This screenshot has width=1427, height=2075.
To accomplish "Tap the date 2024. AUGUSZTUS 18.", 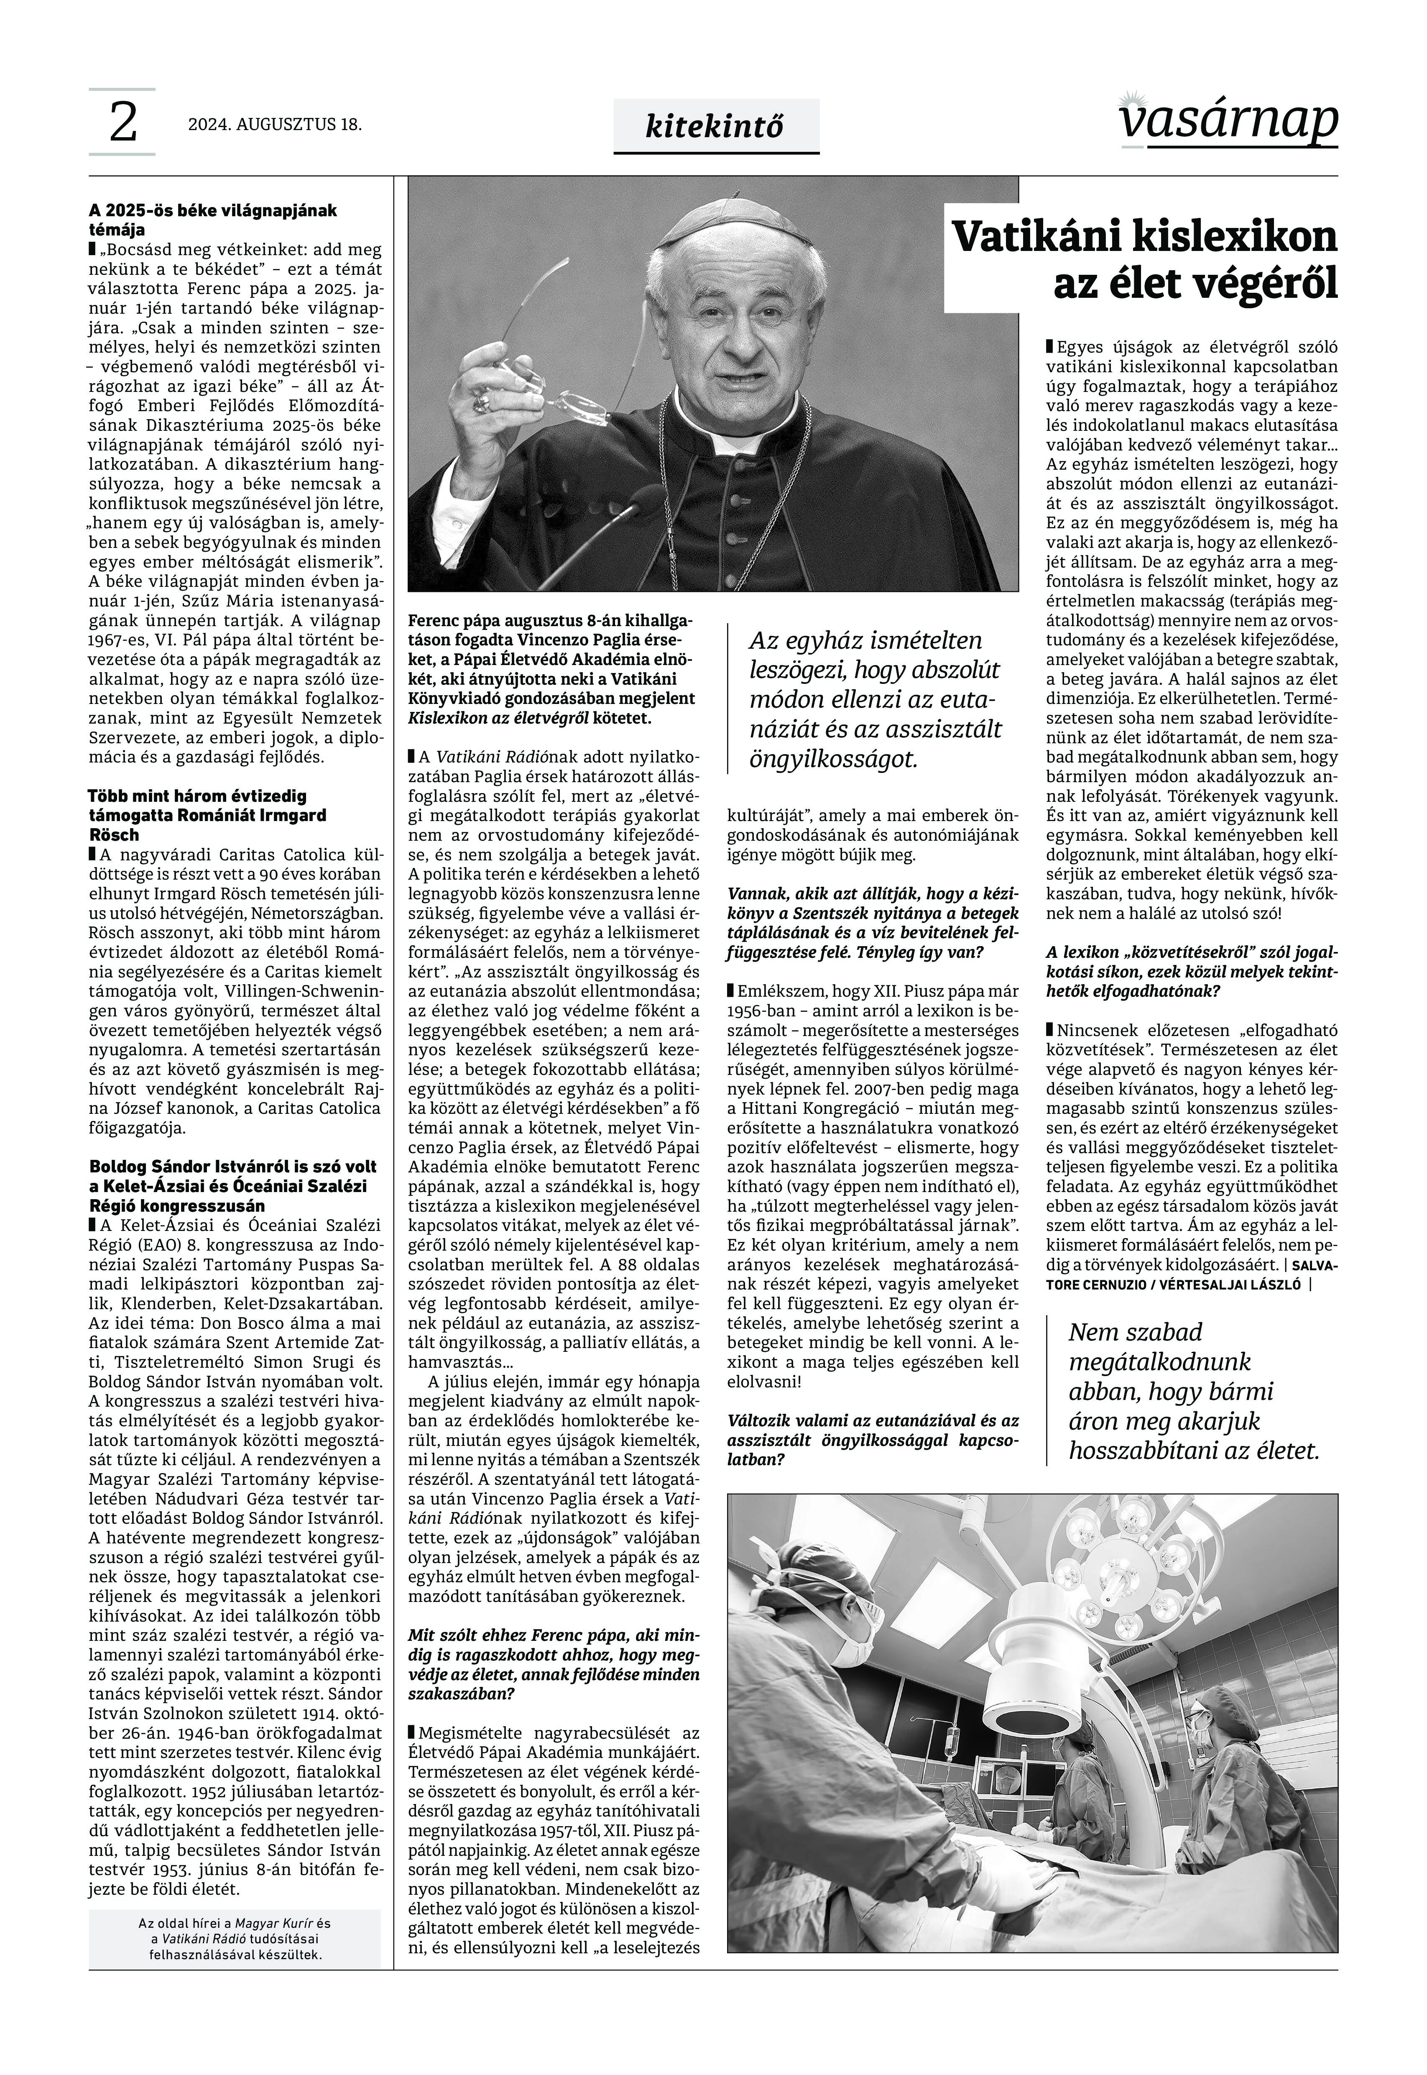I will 275,124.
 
